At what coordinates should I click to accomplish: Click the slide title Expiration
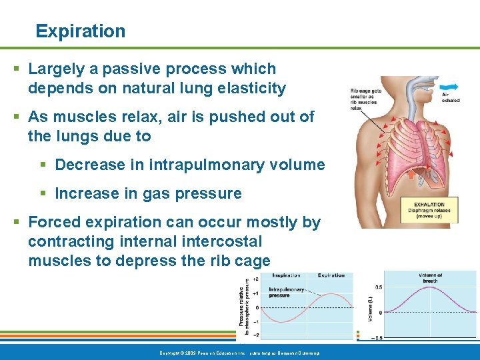(80, 31)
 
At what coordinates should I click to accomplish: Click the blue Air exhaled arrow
(448, 86)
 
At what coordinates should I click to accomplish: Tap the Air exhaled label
(451, 97)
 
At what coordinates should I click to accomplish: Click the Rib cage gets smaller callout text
(366, 99)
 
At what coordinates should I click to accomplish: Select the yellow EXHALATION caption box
(433, 211)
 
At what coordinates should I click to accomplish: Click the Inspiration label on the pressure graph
(286, 275)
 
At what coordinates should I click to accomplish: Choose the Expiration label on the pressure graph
(331, 275)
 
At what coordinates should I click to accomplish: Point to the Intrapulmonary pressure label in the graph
(287, 293)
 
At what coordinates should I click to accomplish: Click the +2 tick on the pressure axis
(255, 279)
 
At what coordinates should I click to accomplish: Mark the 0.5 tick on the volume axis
(378, 287)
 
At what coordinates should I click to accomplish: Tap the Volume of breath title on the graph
(431, 278)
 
